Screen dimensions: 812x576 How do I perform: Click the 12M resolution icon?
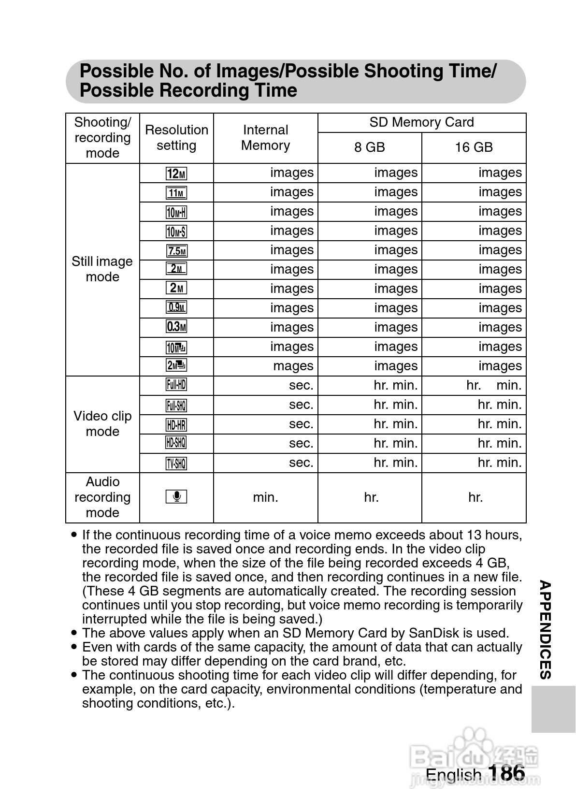tap(176, 174)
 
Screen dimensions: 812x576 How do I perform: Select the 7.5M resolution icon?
tap(176, 251)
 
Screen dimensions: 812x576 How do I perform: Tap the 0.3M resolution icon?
tap(176, 327)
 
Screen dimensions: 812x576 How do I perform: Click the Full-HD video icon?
tap(176, 385)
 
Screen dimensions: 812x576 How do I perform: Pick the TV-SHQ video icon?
tap(176, 464)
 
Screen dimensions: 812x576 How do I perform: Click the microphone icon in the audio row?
tap(176, 497)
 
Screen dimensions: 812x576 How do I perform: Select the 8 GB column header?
tap(370, 147)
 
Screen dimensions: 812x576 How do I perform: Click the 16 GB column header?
tap(474, 147)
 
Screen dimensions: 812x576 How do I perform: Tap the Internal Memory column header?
tap(265, 138)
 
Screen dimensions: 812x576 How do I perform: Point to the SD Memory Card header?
tap(421, 122)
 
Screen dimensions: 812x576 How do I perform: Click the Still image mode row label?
tap(102, 269)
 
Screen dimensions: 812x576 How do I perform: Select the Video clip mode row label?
tap(102, 424)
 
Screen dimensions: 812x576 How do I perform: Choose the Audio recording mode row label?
tap(102, 497)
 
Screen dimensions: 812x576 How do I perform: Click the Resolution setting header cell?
tap(176, 138)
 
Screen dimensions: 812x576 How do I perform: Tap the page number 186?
tap(506, 772)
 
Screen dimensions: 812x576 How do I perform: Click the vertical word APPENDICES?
tap(545, 630)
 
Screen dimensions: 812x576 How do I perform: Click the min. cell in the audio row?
tap(265, 497)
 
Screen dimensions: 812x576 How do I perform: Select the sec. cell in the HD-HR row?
tap(301, 424)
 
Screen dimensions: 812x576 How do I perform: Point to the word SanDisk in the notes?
tap(434, 633)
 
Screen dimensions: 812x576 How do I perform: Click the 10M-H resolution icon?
tap(176, 212)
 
